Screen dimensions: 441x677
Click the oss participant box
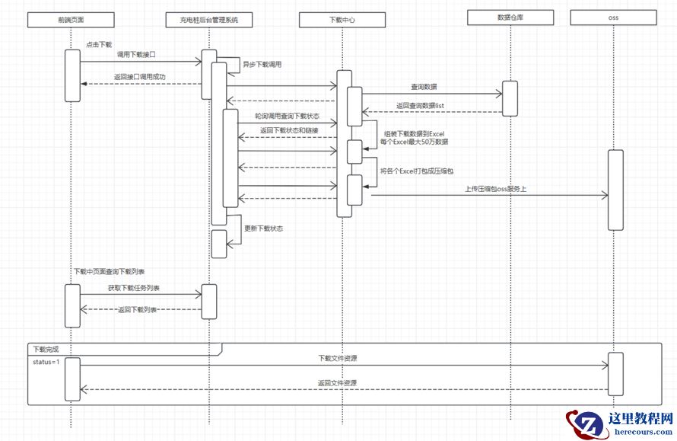pos(614,17)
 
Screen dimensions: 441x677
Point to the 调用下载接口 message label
pos(135,55)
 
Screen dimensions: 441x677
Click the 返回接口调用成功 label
pos(140,77)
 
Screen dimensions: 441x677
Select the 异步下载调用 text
pos(262,65)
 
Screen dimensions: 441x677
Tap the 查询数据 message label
pos(424,88)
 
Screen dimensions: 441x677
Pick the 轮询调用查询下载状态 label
pos(288,117)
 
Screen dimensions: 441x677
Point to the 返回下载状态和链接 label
pos(289,131)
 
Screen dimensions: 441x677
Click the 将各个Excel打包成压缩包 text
pos(422,172)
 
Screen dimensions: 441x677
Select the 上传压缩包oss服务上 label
pos(495,189)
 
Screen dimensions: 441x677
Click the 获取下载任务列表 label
pos(134,289)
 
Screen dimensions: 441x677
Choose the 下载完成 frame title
pos(45,350)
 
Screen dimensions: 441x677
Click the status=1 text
pos(46,362)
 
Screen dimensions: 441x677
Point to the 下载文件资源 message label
pos(338,358)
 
